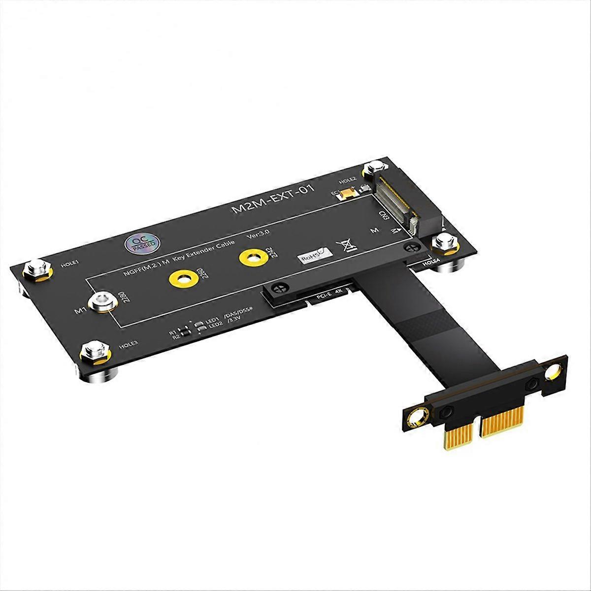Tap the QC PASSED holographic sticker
coord(141,242)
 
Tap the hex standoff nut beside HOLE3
coord(94,350)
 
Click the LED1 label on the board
coord(212,320)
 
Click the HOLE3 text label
coord(129,346)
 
